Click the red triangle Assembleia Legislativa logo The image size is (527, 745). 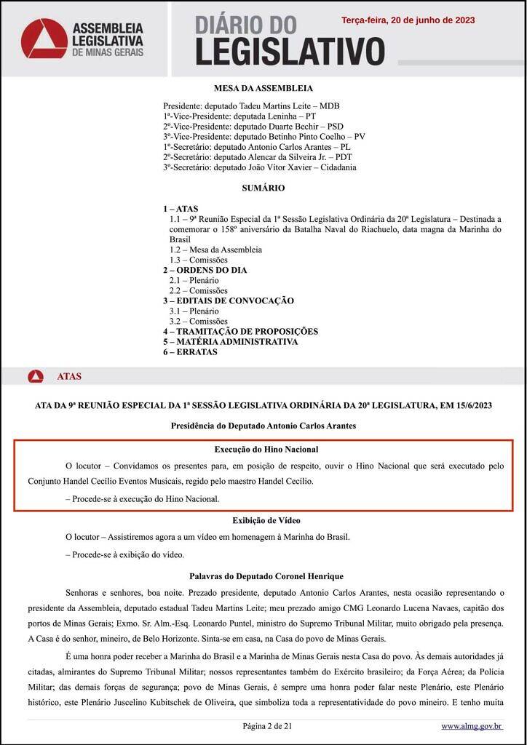coord(44,39)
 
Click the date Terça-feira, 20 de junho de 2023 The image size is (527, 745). coord(408,20)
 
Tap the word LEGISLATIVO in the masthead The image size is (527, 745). coord(290,52)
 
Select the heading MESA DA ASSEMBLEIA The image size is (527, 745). coord(263,88)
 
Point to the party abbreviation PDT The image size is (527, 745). coord(344,157)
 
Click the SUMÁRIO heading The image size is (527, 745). coord(263,188)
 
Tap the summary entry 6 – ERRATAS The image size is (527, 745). coord(190,351)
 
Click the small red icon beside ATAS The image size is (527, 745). coord(36,377)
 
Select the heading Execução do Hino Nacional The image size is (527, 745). coord(266,450)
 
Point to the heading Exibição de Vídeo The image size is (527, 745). coord(266,520)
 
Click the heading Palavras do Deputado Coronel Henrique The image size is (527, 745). coord(266,576)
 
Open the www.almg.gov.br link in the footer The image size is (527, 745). coord(472,726)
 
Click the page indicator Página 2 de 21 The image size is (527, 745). coord(266,726)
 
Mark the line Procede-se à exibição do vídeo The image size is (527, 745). coord(124,554)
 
